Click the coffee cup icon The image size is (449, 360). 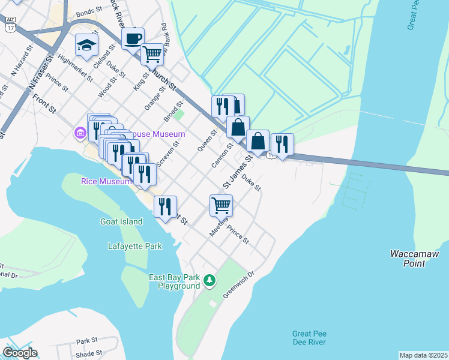click(133, 38)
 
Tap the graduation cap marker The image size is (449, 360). click(86, 45)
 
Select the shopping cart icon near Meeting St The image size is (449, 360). click(221, 205)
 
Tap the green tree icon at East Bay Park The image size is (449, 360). click(209, 280)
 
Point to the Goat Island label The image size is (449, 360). click(121, 221)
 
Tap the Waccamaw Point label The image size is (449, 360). click(414, 259)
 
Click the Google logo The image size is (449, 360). click(20, 353)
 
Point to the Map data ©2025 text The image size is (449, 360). click(423, 355)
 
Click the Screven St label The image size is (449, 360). click(168, 154)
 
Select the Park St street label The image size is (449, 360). click(87, 341)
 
